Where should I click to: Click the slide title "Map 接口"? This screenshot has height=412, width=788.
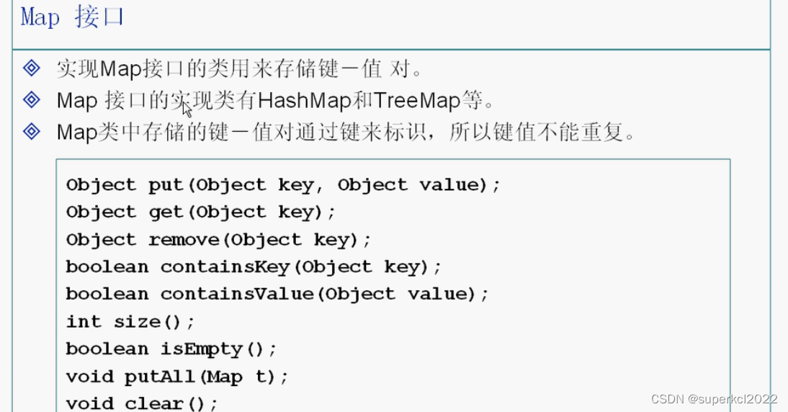tap(72, 17)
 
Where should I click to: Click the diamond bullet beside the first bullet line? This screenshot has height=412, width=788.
tap(32, 68)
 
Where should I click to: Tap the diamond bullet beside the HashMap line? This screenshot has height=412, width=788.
tap(32, 99)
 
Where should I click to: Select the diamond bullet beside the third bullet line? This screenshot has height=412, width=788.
tap(32, 131)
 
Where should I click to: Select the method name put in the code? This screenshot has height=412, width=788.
tap(166, 185)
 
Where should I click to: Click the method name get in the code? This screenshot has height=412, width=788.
tap(166, 212)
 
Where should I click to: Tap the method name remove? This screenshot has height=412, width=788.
tap(184, 240)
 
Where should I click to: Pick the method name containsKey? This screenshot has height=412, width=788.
tap(225, 267)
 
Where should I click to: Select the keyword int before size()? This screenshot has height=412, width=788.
tap(84, 322)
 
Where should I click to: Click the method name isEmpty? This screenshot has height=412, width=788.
tap(201, 349)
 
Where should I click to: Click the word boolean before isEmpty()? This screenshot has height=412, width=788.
tap(107, 349)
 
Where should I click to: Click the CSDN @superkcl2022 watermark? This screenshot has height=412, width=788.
tap(714, 398)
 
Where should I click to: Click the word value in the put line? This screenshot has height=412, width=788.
tap(449, 185)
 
